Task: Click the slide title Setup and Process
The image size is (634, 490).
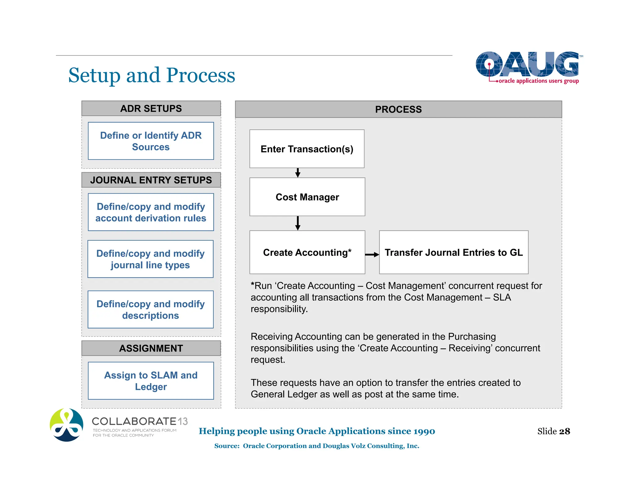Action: [151, 75]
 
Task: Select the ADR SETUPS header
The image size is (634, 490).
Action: [151, 108]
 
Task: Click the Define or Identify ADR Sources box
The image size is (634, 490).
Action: [151, 141]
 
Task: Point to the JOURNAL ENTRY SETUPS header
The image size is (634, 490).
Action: [151, 180]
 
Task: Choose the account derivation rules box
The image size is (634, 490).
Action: [151, 212]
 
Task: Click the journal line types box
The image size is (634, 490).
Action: [150, 259]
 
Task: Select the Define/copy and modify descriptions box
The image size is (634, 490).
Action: [150, 309]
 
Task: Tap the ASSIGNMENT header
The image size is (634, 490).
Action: [151, 348]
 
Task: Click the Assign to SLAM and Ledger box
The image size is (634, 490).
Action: [151, 381]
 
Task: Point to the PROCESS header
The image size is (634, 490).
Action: [398, 109]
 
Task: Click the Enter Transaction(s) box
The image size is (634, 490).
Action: [307, 149]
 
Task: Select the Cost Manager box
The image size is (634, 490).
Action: [307, 197]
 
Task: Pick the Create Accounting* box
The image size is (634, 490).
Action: [307, 252]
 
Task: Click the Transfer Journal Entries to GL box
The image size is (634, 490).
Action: [454, 252]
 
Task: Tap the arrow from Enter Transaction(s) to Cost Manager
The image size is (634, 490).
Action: [298, 173]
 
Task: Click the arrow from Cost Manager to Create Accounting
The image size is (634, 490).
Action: [298, 223]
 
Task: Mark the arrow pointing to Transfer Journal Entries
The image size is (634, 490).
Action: [372, 255]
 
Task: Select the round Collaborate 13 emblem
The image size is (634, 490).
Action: [67, 425]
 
